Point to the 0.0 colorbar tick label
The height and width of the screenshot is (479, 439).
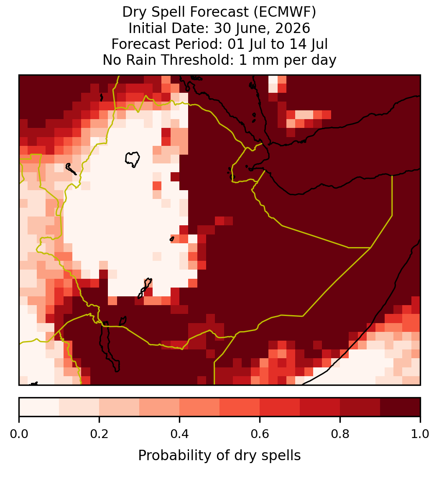(x=19, y=434)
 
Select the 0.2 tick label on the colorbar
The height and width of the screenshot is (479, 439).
(x=99, y=434)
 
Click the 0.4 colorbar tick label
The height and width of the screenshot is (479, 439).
(x=180, y=434)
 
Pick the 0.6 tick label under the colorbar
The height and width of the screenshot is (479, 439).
(x=260, y=434)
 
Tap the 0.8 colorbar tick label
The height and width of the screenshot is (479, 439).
(x=340, y=434)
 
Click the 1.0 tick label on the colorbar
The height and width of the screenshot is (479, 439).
(x=420, y=434)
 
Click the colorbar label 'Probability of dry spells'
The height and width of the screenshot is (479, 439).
(x=219, y=456)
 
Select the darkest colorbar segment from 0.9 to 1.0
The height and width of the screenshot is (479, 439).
(x=401, y=407)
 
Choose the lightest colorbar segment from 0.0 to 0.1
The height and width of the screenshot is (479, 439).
(x=39, y=407)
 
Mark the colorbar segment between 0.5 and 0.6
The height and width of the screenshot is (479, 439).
(x=240, y=407)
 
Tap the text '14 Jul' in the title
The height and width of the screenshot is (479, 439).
(x=309, y=44)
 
